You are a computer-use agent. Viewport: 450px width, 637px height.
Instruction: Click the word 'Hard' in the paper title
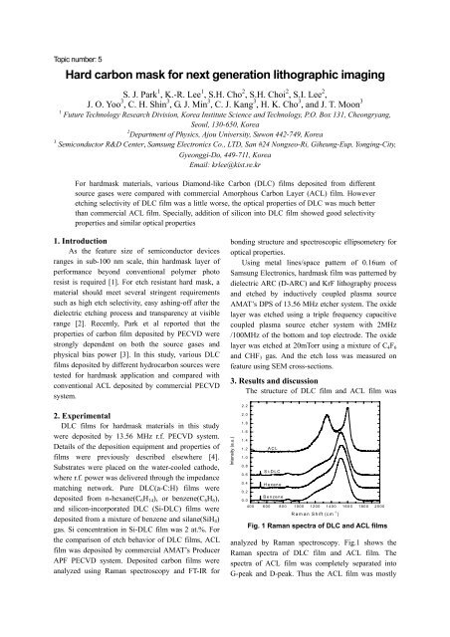tap(83, 76)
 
